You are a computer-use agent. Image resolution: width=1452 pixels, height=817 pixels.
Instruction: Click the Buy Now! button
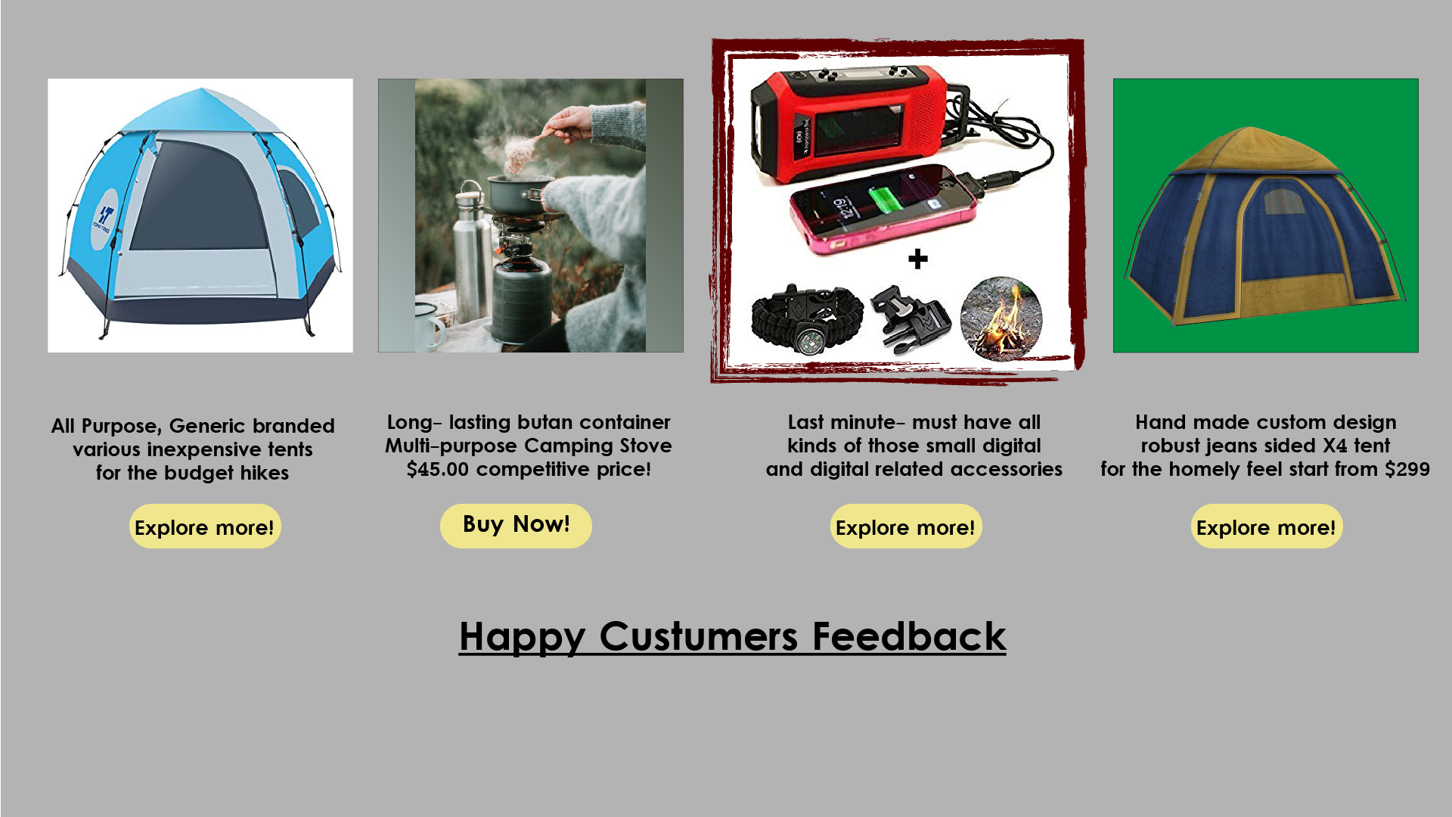point(516,526)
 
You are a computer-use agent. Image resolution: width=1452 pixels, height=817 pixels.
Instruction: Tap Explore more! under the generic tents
point(205,526)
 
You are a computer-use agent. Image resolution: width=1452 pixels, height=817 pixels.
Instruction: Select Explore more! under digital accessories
point(906,526)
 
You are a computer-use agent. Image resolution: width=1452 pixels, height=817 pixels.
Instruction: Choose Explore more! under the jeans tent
point(1267,526)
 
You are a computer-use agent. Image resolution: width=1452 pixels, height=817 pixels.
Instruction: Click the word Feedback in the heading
point(909,636)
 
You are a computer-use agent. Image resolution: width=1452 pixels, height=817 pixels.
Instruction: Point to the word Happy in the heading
point(523,638)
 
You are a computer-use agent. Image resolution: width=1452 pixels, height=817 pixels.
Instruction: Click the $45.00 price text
point(438,469)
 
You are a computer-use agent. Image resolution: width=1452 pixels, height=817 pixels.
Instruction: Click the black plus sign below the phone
point(918,259)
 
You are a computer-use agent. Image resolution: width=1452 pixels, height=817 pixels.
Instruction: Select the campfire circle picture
point(1001,318)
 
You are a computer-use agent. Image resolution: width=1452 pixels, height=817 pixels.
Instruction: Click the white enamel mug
point(429,327)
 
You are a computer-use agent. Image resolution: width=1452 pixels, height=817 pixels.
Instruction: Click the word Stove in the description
point(646,446)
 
